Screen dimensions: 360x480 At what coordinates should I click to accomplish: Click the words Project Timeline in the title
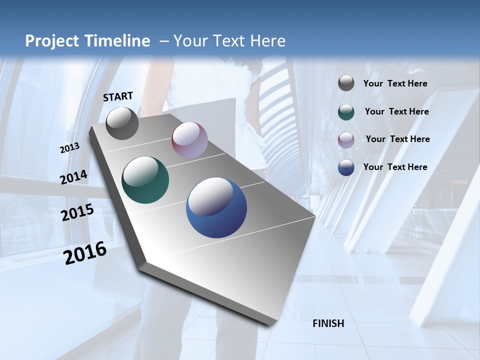(x=87, y=41)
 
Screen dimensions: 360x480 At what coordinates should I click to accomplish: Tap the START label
(x=118, y=96)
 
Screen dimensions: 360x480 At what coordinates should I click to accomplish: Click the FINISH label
(x=328, y=323)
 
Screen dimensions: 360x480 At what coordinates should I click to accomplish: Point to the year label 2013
(x=69, y=148)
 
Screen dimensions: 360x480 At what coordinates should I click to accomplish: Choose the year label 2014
(x=73, y=177)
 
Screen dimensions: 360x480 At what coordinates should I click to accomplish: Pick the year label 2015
(x=77, y=212)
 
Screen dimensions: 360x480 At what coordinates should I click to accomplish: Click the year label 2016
(x=85, y=253)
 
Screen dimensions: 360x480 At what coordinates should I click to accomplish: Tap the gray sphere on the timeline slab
(x=122, y=123)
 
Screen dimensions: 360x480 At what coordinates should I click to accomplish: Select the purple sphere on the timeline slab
(x=189, y=140)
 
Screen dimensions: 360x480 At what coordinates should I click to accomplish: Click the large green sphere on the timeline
(x=145, y=180)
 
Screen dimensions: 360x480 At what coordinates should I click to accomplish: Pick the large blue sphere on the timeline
(x=216, y=207)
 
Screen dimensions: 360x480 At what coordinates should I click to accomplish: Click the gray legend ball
(x=346, y=83)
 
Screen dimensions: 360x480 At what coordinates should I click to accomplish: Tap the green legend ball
(x=346, y=112)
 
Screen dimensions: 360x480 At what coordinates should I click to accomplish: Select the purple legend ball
(x=346, y=140)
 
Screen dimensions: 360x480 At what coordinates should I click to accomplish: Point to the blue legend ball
(x=346, y=167)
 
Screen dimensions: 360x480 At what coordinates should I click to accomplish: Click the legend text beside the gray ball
(x=395, y=84)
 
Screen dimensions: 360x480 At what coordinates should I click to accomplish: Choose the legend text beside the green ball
(x=396, y=111)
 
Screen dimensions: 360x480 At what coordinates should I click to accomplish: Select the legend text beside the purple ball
(x=397, y=139)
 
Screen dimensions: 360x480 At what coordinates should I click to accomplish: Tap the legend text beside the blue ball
(x=395, y=167)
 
